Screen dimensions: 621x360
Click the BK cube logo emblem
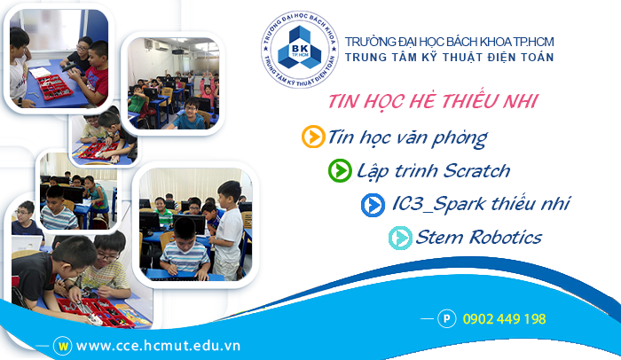coord(300,49)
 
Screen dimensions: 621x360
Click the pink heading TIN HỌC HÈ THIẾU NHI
coord(433,101)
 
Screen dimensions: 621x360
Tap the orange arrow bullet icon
coord(313,137)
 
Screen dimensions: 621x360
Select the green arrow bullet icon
coord(340,171)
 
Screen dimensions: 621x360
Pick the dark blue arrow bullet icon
coord(373,205)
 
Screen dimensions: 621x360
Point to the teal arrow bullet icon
coord(400,238)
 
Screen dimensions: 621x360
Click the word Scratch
coord(476,171)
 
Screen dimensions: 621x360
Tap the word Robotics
coord(506,238)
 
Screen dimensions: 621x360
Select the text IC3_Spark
coord(439,204)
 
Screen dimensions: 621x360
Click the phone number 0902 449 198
coord(504,319)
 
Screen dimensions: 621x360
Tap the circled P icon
coord(447,319)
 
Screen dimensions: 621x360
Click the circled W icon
coord(63,346)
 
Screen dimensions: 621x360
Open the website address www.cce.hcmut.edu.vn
coord(158,346)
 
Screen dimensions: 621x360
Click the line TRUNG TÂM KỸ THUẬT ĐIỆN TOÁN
coord(449,58)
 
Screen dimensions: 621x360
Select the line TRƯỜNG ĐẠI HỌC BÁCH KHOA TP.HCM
coord(449,42)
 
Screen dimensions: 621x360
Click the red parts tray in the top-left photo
coord(54,87)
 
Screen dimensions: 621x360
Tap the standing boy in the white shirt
coord(227,230)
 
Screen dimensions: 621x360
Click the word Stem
coord(440,238)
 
